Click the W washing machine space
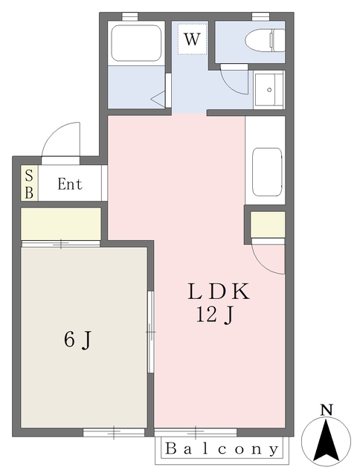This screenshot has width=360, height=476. [192, 39]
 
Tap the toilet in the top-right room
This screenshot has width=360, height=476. [265, 40]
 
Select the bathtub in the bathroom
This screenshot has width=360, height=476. [136, 43]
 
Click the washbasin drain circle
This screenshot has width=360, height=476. [269, 89]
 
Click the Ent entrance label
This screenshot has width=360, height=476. [70, 184]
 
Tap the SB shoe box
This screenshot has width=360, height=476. [29, 184]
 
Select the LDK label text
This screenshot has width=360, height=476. [219, 292]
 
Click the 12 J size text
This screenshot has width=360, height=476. [215, 315]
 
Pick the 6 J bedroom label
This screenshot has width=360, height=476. [77, 339]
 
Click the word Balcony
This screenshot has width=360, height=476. [222, 449]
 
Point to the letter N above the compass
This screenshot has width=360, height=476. [327, 410]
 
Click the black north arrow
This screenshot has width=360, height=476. [326, 441]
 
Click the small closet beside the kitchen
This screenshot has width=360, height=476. [268, 225]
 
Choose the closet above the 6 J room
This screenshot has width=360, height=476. [61, 224]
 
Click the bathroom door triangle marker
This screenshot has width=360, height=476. [158, 99]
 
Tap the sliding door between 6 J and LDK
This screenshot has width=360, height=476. [150, 332]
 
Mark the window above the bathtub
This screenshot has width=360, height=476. [130, 16]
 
